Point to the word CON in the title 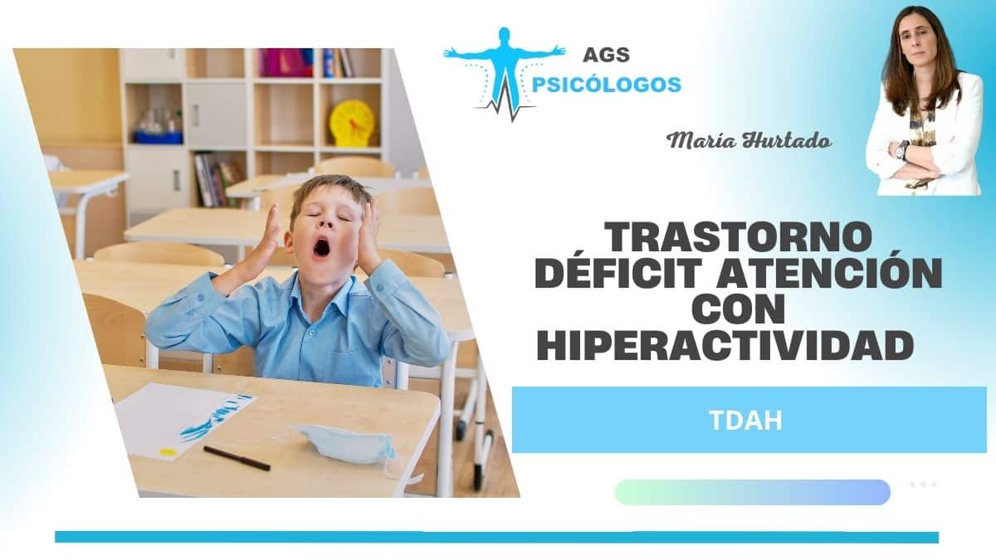[x=738, y=310]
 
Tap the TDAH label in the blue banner [x=747, y=421]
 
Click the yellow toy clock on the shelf [x=352, y=124]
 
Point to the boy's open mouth [x=321, y=246]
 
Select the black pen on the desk [x=237, y=458]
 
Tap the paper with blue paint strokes [x=187, y=421]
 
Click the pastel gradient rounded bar [x=752, y=492]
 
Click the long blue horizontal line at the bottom [x=496, y=537]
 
